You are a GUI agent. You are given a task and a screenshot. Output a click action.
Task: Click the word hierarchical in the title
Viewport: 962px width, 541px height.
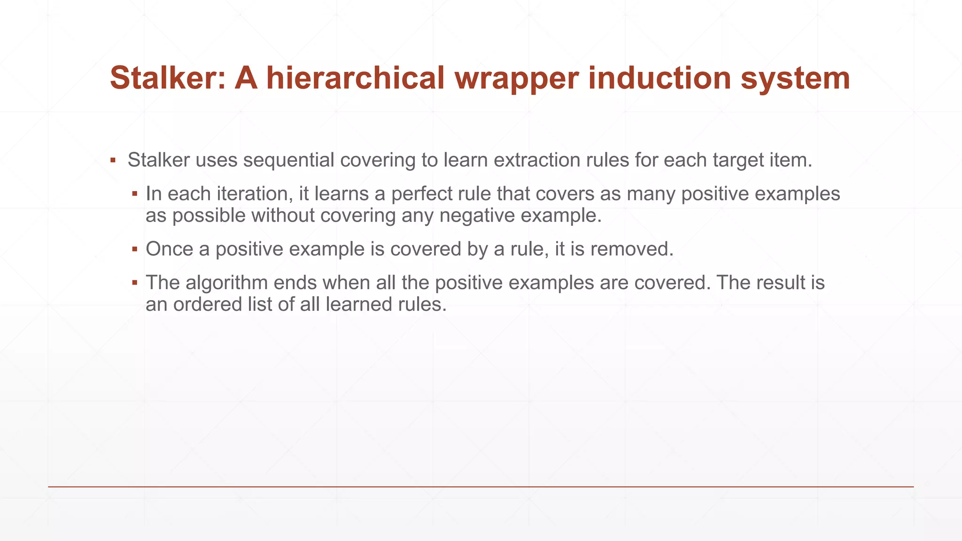tap(355, 78)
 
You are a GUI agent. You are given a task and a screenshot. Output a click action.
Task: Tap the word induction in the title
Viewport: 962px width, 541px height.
tap(659, 78)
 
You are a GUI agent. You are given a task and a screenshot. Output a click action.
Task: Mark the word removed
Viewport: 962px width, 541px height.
tap(631, 249)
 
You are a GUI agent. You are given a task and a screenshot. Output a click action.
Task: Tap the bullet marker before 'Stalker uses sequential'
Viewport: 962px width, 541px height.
tap(113, 161)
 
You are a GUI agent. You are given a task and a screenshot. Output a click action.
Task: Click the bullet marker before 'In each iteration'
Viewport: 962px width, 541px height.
tap(134, 194)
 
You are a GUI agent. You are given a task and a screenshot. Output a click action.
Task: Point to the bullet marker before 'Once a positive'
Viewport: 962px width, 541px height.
tap(134, 249)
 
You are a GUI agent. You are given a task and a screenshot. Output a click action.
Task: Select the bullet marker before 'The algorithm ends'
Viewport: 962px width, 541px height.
tap(134, 283)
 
